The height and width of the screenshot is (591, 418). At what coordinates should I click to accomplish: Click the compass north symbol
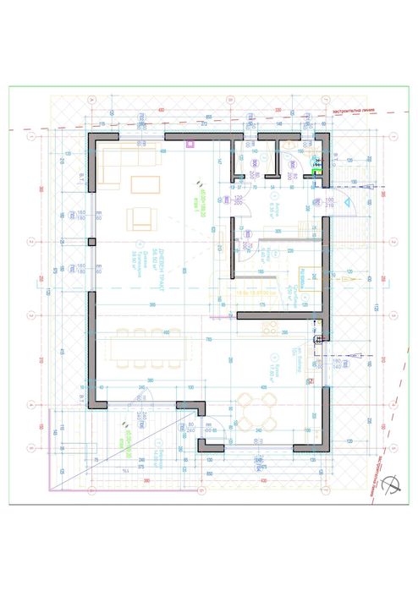coord(392,484)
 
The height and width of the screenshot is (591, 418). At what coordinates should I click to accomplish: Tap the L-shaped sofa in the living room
coord(118,165)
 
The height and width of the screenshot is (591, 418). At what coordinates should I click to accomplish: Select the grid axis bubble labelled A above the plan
coord(91,98)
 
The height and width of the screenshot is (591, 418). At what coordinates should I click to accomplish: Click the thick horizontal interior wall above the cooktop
coord(280,315)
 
